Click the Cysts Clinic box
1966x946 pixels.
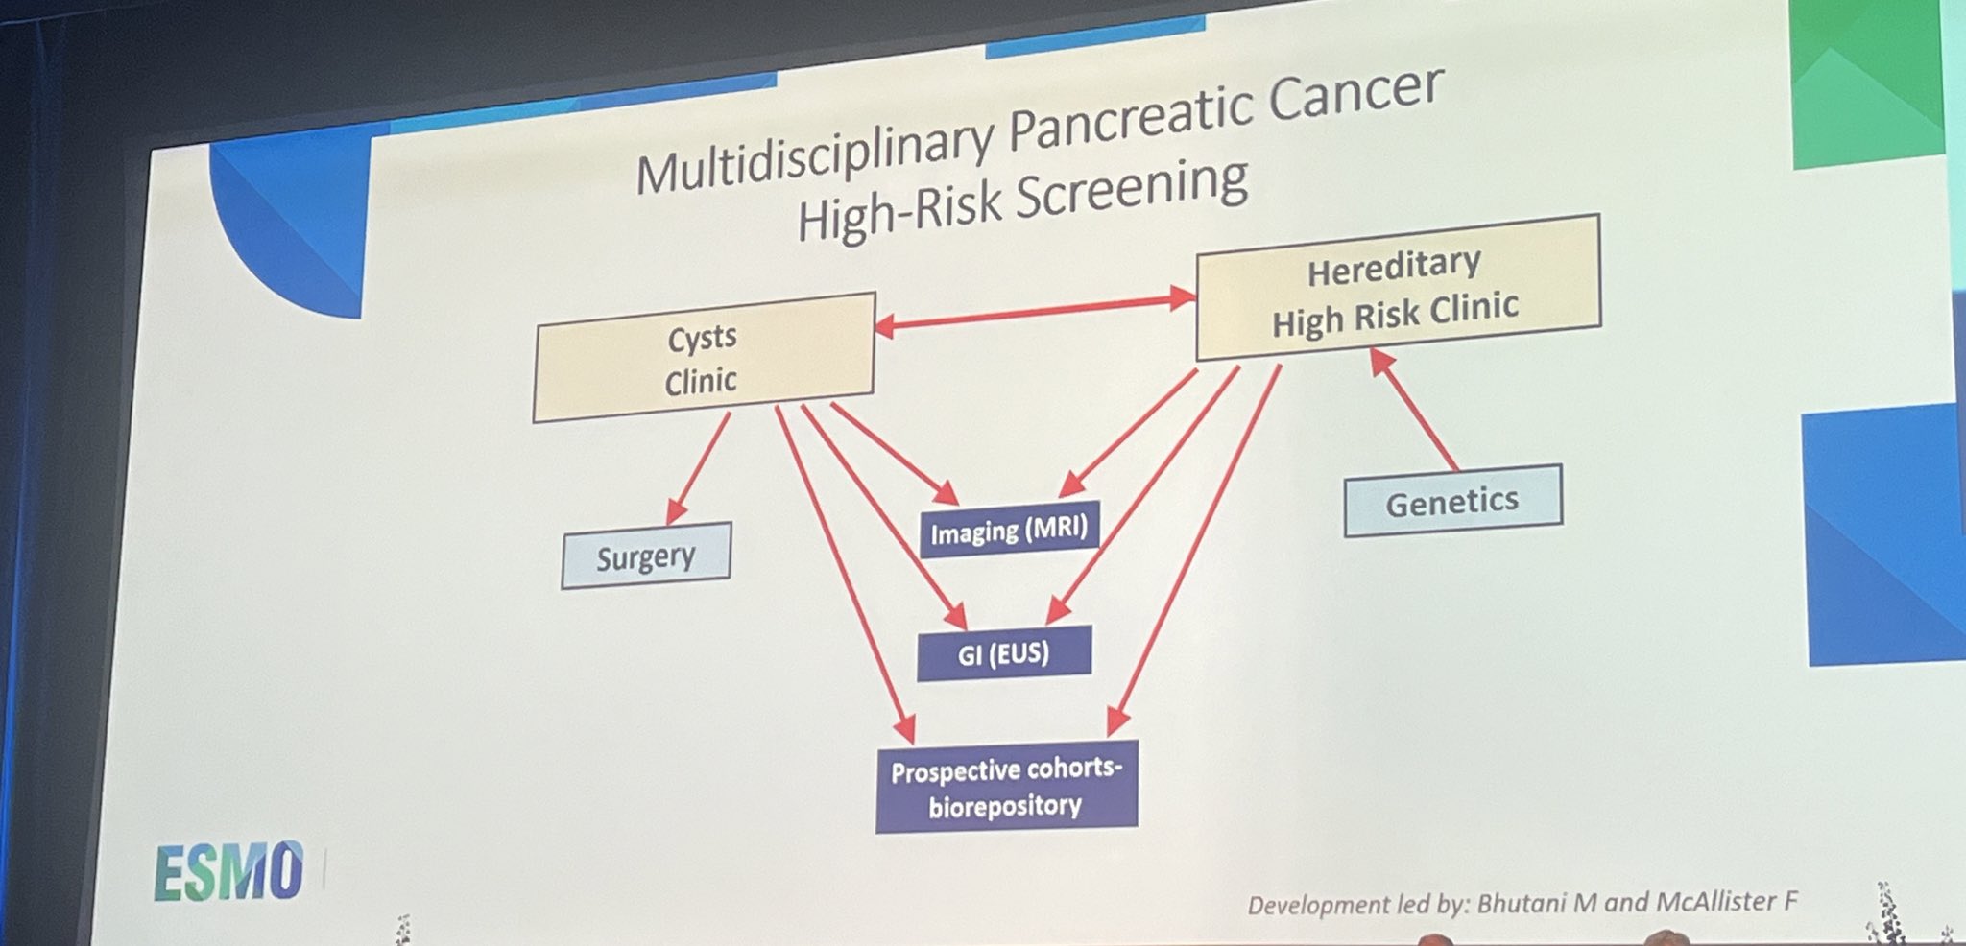coord(704,357)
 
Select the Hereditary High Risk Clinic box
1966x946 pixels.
coord(1398,287)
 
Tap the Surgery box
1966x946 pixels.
coord(646,556)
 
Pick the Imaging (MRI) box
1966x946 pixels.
coord(1009,529)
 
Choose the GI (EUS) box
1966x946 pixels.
coord(1004,653)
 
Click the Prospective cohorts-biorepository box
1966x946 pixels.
coord(1006,787)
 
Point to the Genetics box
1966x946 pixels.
coord(1452,501)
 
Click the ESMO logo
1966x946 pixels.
coord(229,872)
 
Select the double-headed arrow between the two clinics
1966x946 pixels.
coord(1035,312)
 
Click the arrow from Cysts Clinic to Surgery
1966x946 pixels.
coord(698,468)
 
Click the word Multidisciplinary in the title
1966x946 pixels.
coord(814,156)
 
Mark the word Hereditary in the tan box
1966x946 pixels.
coord(1395,267)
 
